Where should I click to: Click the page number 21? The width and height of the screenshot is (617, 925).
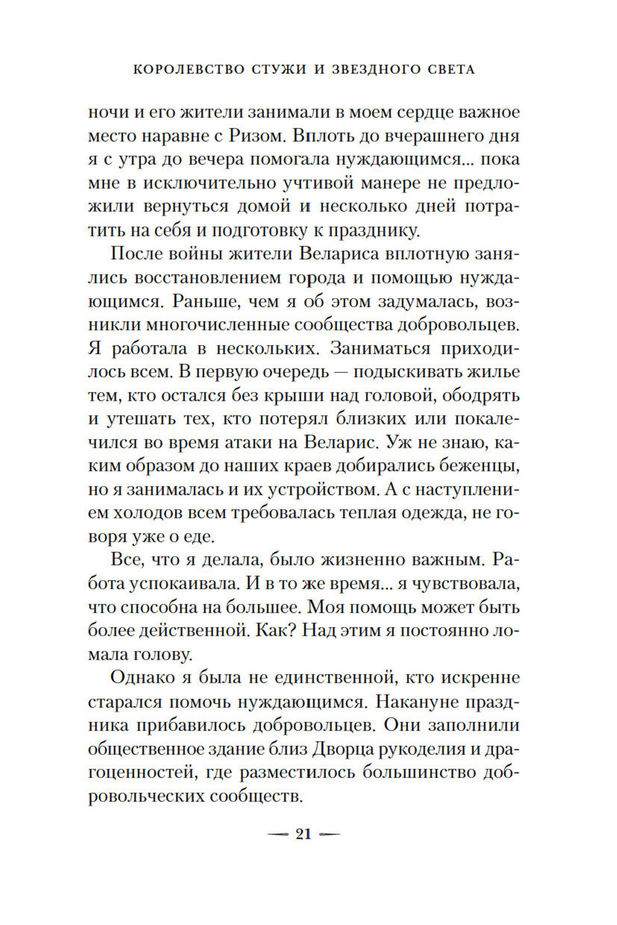[x=304, y=834]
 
